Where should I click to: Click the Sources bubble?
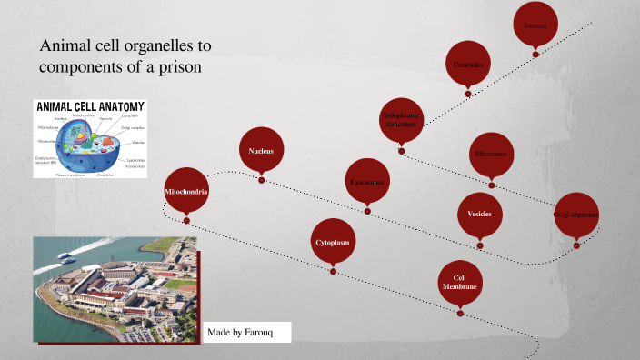click(535, 25)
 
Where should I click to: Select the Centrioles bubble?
click(468, 65)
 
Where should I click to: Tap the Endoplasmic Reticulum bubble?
click(401, 120)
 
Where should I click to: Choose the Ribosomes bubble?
click(492, 155)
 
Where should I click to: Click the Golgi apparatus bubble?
click(576, 215)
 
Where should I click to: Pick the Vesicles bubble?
click(479, 214)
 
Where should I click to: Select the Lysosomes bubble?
click(368, 182)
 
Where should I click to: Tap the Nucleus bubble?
click(261, 150)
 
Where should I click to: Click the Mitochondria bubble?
click(186, 192)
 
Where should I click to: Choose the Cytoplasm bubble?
click(334, 243)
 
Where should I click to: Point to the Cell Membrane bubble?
click(460, 283)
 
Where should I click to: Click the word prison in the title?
click(176, 68)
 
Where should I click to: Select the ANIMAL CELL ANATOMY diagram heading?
click(90, 106)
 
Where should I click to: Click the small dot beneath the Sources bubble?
click(535, 55)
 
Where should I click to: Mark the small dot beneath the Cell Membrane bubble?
click(460, 314)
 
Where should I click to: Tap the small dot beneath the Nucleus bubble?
click(261, 180)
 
